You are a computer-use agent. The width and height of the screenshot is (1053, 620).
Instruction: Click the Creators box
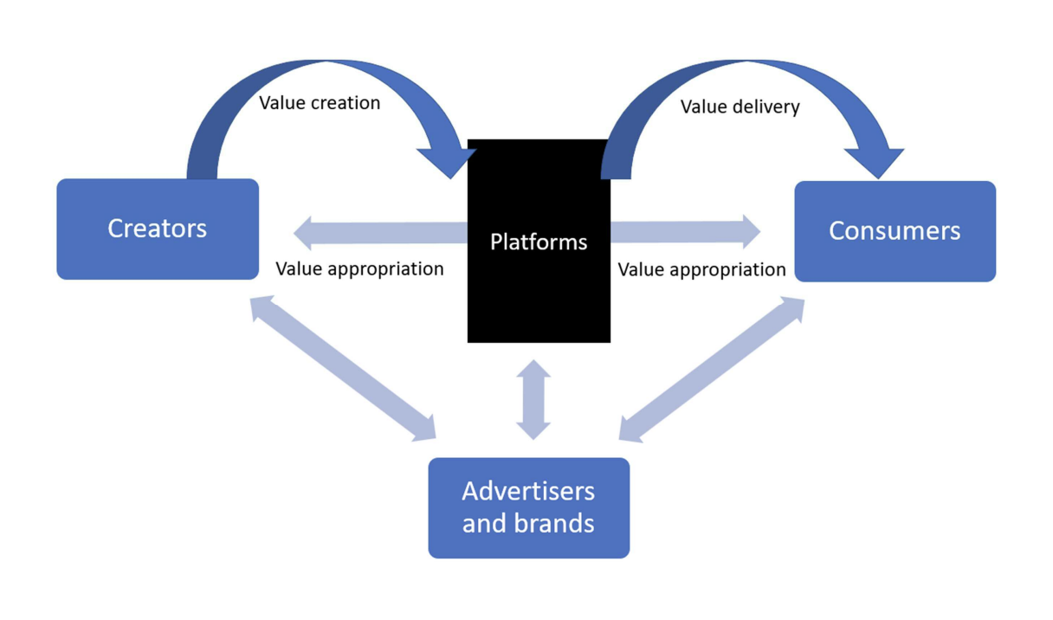157,229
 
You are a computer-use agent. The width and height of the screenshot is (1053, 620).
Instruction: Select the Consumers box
895,231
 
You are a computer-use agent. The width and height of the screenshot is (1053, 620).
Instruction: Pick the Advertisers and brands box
528,507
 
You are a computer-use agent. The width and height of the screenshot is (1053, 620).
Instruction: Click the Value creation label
320,103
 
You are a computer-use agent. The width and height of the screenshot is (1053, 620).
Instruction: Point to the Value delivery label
740,107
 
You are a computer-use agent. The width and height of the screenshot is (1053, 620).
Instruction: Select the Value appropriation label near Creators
359,268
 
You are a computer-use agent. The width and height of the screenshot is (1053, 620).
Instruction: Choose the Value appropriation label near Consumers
701,269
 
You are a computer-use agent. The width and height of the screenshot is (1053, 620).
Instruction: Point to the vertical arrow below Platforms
533,399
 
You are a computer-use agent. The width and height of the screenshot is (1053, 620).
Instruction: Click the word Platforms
539,242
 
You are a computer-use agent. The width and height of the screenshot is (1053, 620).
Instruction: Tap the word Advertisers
528,491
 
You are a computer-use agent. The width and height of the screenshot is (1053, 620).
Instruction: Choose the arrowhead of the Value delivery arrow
875,162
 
